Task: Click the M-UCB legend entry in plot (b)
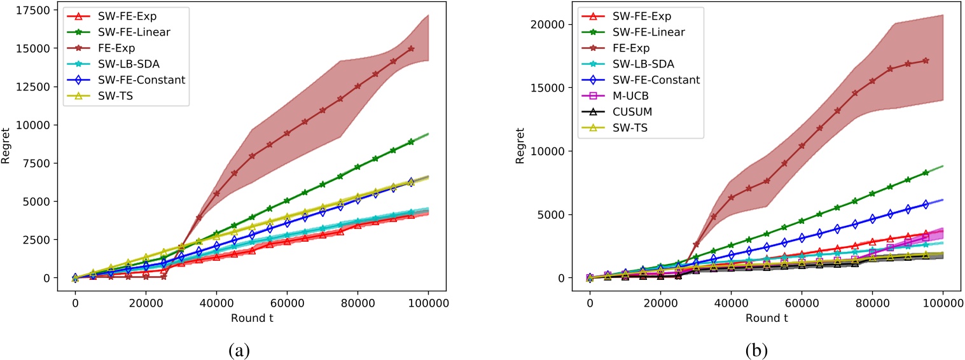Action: (x=636, y=96)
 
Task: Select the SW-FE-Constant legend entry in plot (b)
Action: (x=655, y=80)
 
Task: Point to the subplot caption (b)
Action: (x=766, y=347)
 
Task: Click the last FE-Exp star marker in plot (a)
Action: (x=411, y=49)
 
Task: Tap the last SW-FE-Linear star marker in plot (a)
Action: (x=411, y=142)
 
